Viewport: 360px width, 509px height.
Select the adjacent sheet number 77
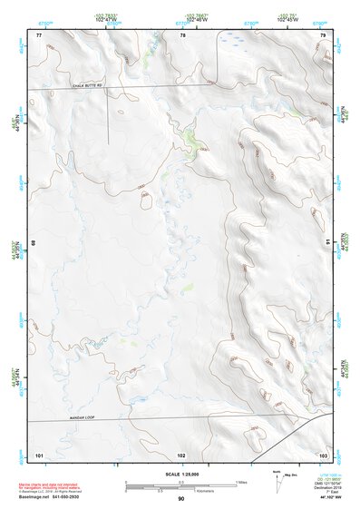39,35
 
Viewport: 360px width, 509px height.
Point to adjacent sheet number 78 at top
182,35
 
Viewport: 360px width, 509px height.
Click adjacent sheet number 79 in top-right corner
323,35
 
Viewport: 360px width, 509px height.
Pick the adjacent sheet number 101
39,454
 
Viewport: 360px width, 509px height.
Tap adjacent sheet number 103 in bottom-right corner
323,454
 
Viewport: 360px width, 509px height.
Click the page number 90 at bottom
181,499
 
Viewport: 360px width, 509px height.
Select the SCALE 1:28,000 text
180,474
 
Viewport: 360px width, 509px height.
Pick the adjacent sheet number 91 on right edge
327,242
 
